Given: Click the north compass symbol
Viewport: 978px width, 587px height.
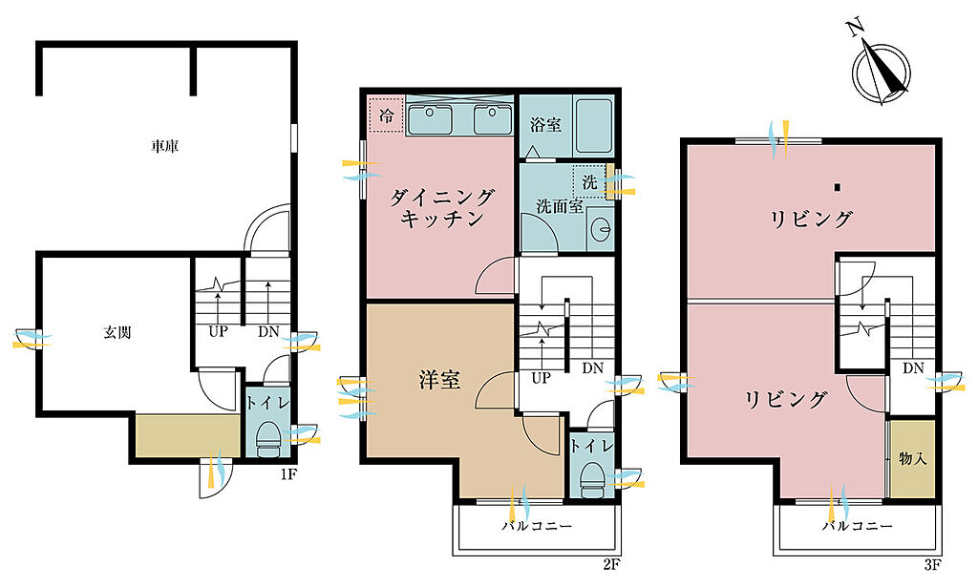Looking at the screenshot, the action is tap(881, 70).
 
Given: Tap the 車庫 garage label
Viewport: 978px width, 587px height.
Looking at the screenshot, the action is tap(164, 146).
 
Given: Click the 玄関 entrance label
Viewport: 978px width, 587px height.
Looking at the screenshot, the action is tap(117, 333).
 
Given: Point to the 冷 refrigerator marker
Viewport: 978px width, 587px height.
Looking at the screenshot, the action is tap(387, 115).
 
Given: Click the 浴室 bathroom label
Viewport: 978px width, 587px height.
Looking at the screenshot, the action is tap(545, 124).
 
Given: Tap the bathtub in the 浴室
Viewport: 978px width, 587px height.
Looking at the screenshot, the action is tap(592, 127).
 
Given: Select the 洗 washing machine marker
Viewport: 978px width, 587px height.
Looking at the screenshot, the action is tap(589, 182).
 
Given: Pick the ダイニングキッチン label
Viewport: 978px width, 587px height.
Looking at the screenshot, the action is tap(441, 208).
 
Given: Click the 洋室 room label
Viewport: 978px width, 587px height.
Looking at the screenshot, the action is tap(439, 380).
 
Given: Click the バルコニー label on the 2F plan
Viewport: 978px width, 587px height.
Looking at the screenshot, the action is tap(537, 526).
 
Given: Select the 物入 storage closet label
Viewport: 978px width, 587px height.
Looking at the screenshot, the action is tap(912, 459).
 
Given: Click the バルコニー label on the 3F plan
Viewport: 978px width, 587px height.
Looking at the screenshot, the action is tap(857, 526).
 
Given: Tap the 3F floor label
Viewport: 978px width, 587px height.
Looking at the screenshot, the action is tap(932, 565).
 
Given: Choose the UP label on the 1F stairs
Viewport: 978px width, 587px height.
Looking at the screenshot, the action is tap(218, 331).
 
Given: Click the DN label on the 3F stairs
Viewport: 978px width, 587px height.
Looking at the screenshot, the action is tap(913, 368).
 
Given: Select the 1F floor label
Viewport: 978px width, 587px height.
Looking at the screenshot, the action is tap(288, 474).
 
